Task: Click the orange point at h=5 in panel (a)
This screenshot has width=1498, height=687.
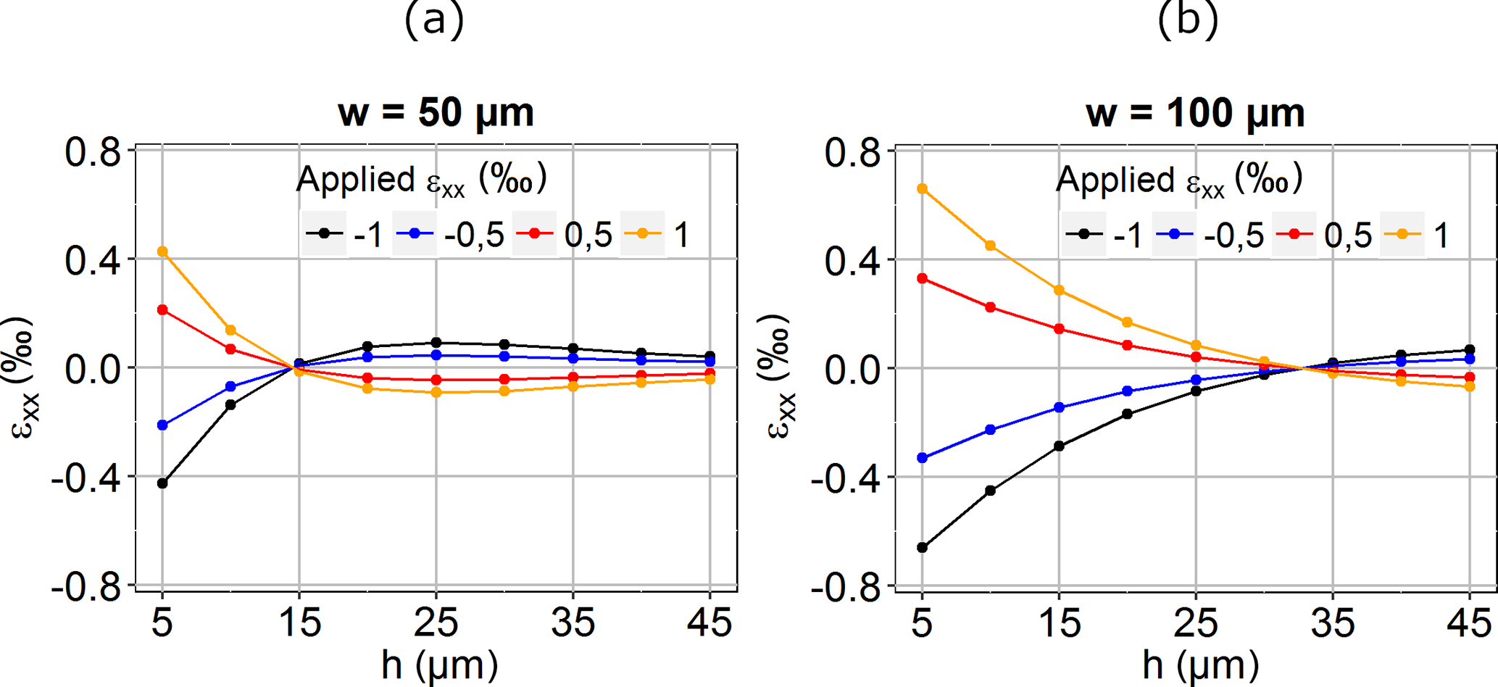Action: tap(162, 251)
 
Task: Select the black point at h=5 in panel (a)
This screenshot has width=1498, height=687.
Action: tap(162, 483)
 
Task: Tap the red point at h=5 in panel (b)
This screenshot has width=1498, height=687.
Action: tap(923, 278)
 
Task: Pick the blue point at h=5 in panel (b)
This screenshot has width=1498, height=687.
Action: tap(923, 458)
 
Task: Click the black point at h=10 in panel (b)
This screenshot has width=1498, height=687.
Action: tap(991, 491)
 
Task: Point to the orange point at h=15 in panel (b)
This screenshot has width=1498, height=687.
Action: tap(1060, 290)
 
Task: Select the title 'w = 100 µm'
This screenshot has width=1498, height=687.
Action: tap(1195, 113)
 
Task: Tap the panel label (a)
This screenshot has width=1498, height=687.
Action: tap(434, 19)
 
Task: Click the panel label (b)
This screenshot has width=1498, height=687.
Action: tap(1188, 19)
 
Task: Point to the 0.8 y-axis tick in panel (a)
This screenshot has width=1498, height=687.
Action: tap(93, 152)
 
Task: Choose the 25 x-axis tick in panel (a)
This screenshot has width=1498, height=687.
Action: tap(436, 622)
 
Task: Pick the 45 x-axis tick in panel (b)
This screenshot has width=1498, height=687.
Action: tap(1469, 622)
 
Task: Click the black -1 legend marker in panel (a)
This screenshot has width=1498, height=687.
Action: tap(324, 233)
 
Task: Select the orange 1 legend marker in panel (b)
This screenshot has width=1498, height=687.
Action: tap(1402, 234)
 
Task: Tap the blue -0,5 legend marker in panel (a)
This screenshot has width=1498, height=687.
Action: tap(415, 233)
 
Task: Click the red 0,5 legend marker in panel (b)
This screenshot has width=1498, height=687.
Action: tap(1296, 234)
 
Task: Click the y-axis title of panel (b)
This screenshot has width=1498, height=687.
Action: tap(780, 377)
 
